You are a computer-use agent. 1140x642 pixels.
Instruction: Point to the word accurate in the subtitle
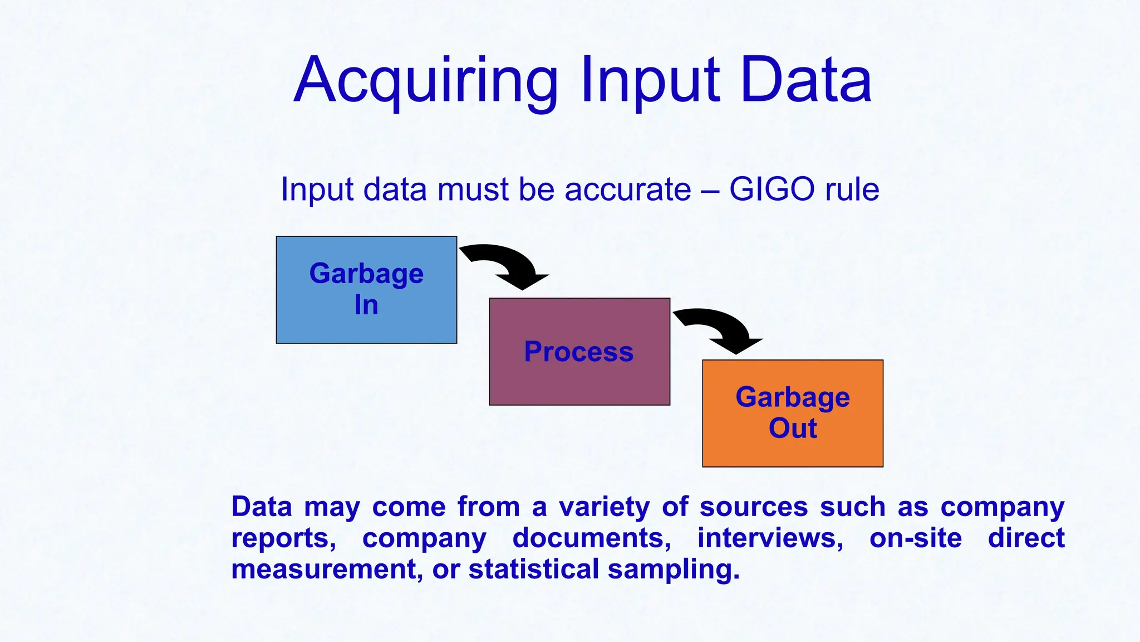627,189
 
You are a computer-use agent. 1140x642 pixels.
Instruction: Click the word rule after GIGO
852,189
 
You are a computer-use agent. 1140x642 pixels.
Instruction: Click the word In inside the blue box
366,305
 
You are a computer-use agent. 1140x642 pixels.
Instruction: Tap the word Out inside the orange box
793,429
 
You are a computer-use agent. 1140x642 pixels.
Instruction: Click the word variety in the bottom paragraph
604,507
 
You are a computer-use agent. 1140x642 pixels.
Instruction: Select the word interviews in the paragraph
770,538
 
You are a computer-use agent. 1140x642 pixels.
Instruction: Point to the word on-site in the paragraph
915,538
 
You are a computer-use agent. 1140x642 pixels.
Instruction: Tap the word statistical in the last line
533,570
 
